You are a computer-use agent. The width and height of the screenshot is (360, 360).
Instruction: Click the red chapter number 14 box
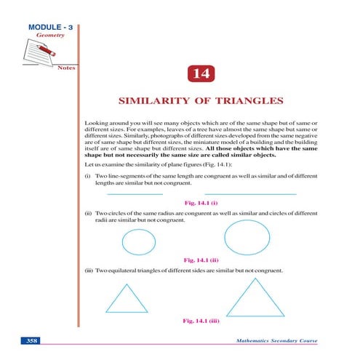click(x=200, y=73)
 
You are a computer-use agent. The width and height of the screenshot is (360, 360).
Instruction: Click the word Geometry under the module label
click(x=42, y=36)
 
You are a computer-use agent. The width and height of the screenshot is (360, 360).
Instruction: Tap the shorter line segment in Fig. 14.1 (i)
click(x=135, y=194)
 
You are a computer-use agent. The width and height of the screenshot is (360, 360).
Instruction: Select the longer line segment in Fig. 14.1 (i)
click(x=250, y=194)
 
